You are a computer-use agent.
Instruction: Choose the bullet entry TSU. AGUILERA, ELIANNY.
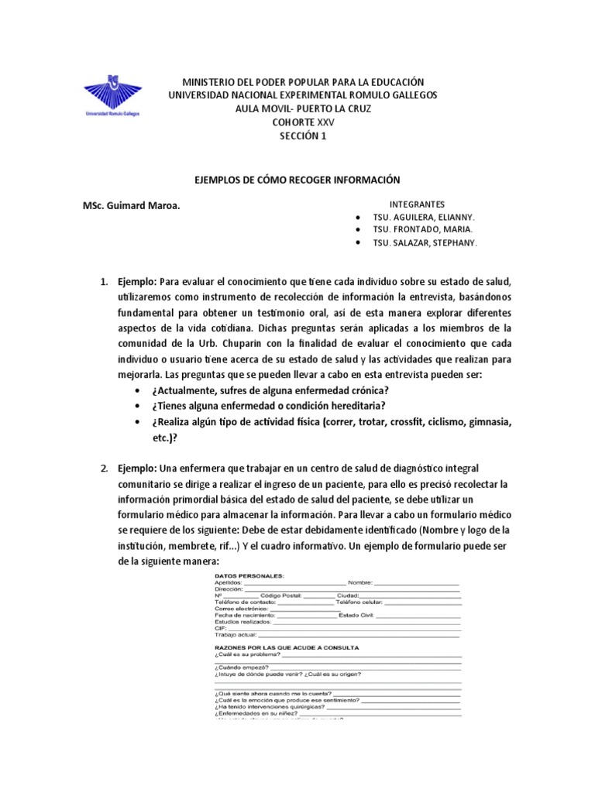[424, 217]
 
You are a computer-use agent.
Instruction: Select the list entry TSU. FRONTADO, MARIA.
[422, 230]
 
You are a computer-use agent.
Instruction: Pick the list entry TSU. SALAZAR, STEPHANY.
[425, 243]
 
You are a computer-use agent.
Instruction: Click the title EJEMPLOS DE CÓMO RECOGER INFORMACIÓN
[297, 180]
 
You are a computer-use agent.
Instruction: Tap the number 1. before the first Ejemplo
[103, 280]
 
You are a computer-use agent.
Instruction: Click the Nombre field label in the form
[361, 582]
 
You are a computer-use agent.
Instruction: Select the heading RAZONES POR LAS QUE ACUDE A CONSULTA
[286, 647]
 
